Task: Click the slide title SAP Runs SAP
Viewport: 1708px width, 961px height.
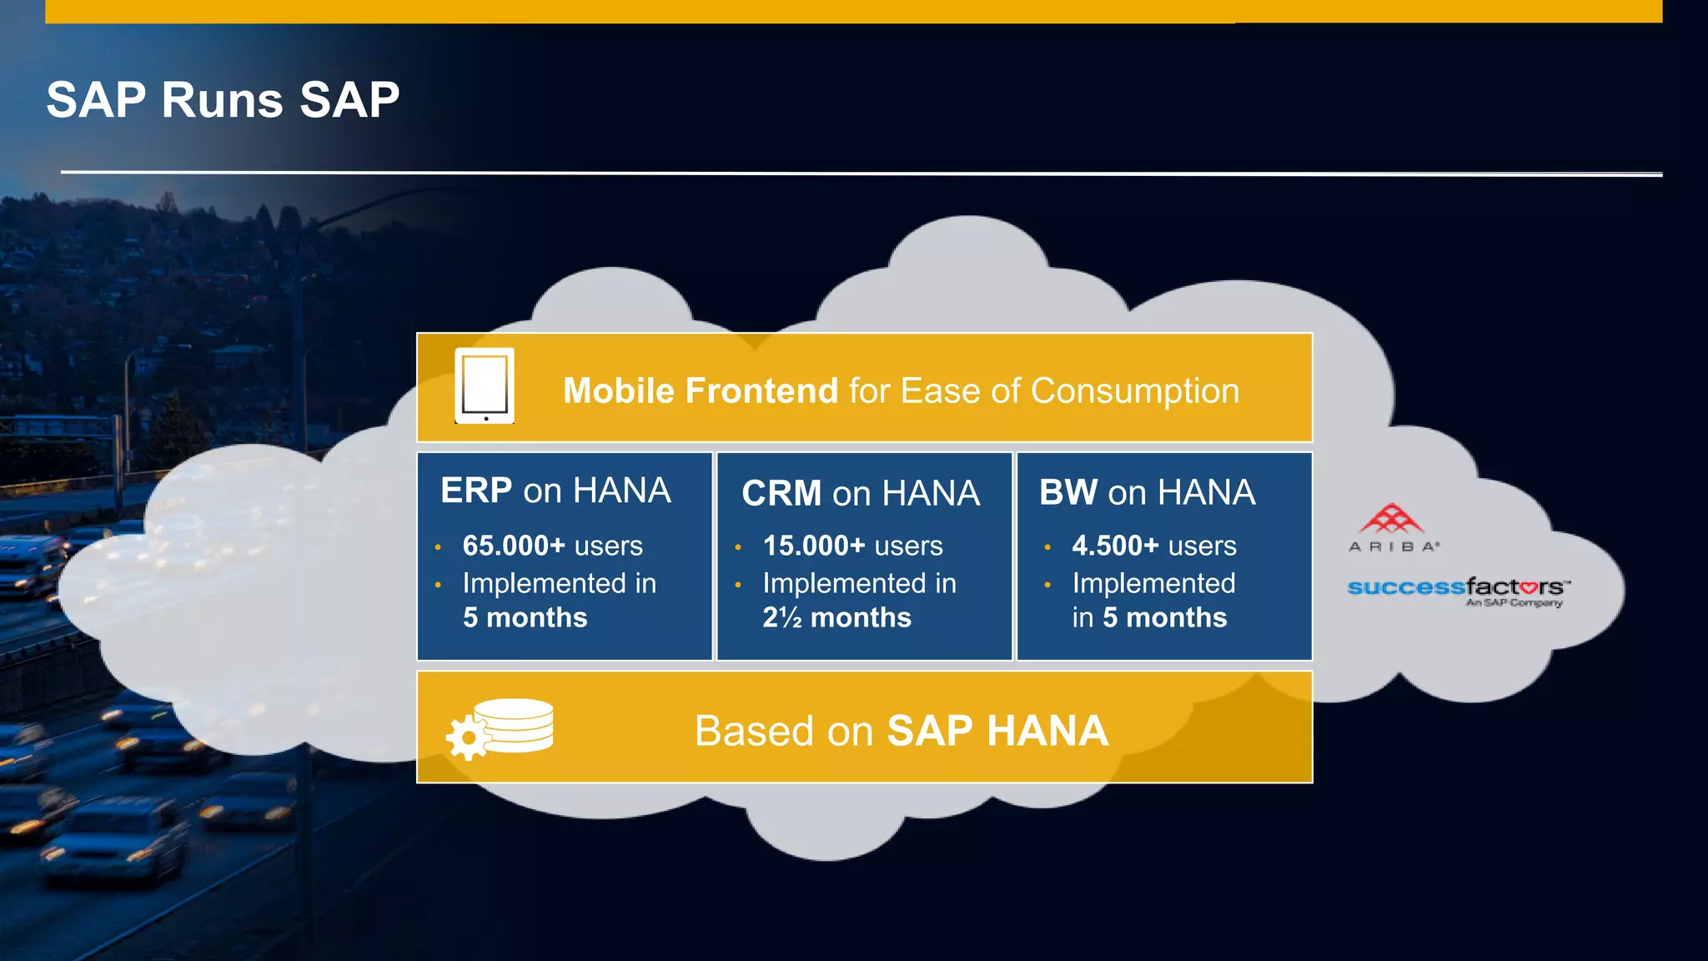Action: tap(223, 100)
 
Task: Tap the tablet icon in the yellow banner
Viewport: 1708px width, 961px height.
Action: tap(485, 385)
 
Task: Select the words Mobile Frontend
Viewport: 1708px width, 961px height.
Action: tap(701, 391)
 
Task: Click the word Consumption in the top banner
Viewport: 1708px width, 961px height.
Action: tap(1135, 391)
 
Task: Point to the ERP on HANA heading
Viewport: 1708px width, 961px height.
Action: tap(555, 491)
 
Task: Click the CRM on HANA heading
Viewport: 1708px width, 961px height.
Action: tap(861, 493)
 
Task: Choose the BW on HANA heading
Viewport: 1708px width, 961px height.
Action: tap(1148, 492)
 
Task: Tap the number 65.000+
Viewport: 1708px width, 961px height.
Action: tap(515, 546)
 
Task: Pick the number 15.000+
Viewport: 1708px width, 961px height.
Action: tap(815, 546)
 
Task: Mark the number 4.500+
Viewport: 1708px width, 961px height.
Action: tap(1116, 546)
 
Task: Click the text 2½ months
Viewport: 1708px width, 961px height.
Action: tap(837, 617)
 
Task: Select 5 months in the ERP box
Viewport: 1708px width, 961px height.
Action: tap(525, 617)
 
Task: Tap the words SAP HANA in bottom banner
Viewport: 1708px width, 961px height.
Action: tap(997, 731)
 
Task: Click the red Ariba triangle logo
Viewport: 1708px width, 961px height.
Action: tap(1391, 519)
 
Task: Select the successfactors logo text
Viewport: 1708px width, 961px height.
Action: tap(1456, 587)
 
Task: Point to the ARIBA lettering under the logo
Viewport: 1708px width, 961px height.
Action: tap(1393, 547)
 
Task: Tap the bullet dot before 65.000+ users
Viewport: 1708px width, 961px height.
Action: tap(438, 547)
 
